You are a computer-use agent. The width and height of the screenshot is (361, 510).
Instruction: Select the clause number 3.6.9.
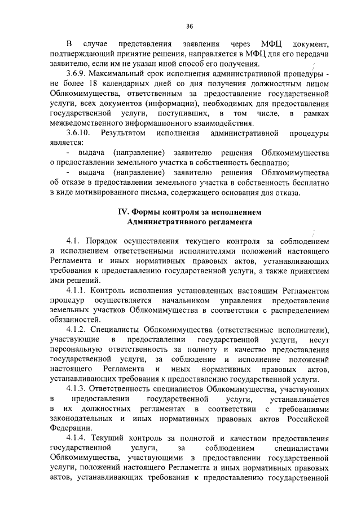(77, 74)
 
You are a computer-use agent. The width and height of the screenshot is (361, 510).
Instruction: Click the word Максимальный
(127, 74)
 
